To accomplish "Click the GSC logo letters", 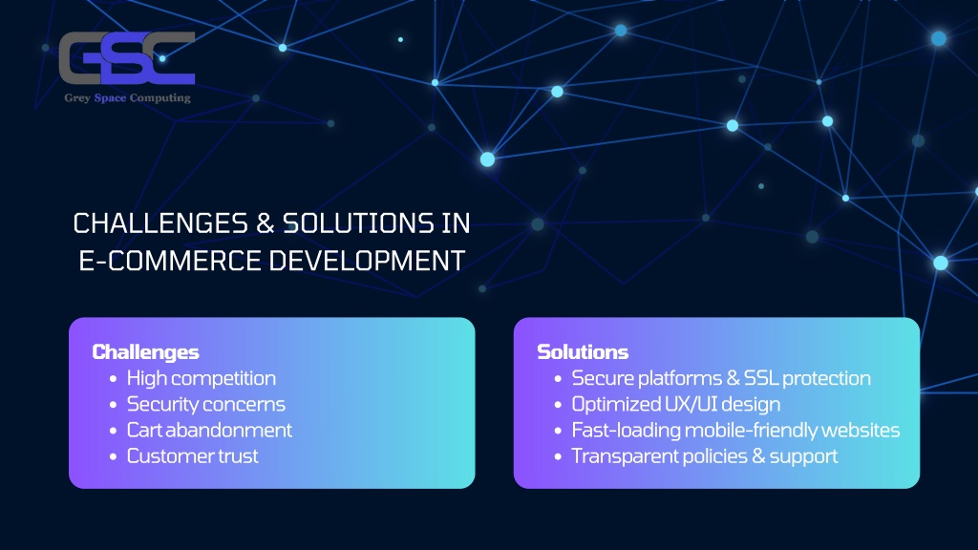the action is pyautogui.click(x=127, y=58).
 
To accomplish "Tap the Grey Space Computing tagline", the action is pyautogui.click(x=127, y=98).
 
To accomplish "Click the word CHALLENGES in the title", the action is pyautogui.click(x=160, y=223).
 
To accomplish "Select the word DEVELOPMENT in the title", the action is pyautogui.click(x=368, y=261).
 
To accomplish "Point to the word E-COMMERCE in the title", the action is pyautogui.click(x=170, y=261).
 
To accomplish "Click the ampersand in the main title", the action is pyautogui.click(x=266, y=223).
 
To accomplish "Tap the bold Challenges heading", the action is pyautogui.click(x=145, y=352).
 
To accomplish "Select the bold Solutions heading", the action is pyautogui.click(x=583, y=352).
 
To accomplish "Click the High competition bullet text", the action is pyautogui.click(x=201, y=378).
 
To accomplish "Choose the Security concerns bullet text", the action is pyautogui.click(x=206, y=405).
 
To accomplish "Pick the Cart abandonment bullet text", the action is pyautogui.click(x=209, y=431).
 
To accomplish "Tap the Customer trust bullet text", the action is pyautogui.click(x=192, y=456).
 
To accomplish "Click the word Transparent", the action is pyautogui.click(x=625, y=456).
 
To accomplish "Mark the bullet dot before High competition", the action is pyautogui.click(x=113, y=378).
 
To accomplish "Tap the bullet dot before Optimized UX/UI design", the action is pyautogui.click(x=558, y=405).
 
